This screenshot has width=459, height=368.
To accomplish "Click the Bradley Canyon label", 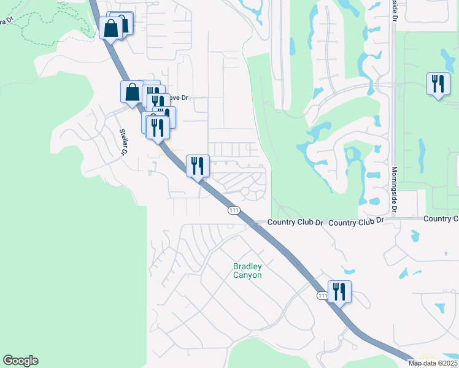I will pyautogui.click(x=247, y=270).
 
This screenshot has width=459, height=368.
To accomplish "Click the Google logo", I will pyautogui.click(x=20, y=361).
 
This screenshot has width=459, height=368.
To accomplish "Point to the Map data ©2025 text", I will pyautogui.click(x=433, y=363).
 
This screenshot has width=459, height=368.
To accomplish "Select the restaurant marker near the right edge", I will pyautogui.click(x=437, y=84).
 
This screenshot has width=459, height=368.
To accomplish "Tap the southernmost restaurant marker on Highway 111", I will pyautogui.click(x=339, y=292).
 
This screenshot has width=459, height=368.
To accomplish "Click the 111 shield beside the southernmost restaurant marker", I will pyautogui.click(x=323, y=296).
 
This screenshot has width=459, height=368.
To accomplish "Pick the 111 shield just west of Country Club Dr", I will pyautogui.click(x=233, y=210).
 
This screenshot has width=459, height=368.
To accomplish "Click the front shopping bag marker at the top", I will pyautogui.click(x=111, y=28).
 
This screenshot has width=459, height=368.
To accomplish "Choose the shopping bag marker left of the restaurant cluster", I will pyautogui.click(x=132, y=92).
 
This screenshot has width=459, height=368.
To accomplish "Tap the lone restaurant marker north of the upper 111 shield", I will pyautogui.click(x=198, y=166).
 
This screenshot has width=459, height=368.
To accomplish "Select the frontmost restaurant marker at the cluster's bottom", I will pyautogui.click(x=158, y=128).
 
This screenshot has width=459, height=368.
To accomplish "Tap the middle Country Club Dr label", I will pyautogui.click(x=356, y=221).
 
